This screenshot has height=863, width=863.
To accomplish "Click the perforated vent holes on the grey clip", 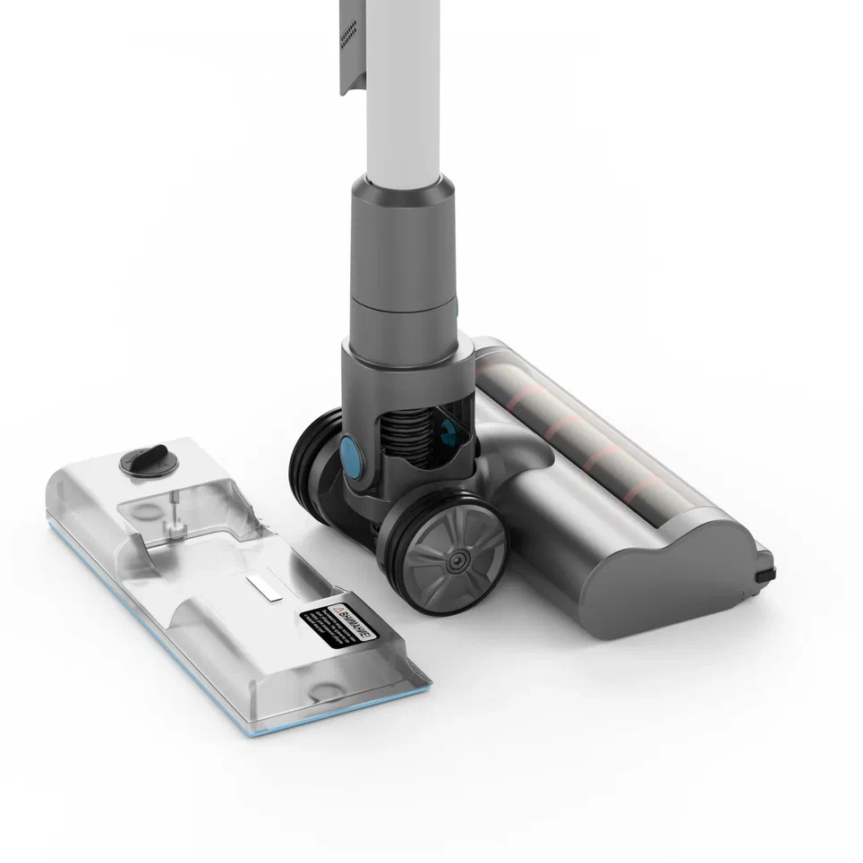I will [x=352, y=36].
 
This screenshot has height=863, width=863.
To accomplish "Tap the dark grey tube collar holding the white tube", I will [x=402, y=233].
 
